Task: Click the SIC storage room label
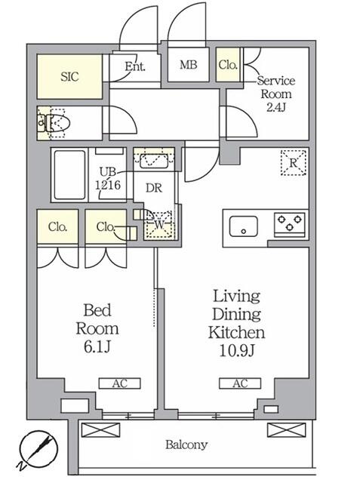tap(69, 76)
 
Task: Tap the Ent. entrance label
tap(135, 66)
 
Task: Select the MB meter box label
tap(188, 65)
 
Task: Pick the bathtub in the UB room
tap(69, 174)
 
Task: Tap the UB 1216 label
tap(107, 178)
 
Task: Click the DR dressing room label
tap(154, 188)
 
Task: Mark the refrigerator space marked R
tap(293, 163)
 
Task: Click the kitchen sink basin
tap(243, 226)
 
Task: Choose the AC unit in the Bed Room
tap(119, 383)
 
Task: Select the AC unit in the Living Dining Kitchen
tap(240, 383)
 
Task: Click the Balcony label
tap(186, 445)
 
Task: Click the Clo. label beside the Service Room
tap(228, 65)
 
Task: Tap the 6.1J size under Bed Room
tap(97, 347)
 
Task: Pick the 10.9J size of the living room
tap(237, 350)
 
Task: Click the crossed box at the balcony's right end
tap(286, 429)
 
